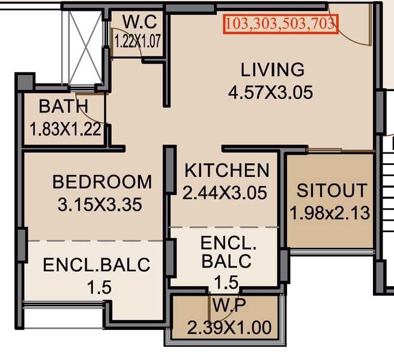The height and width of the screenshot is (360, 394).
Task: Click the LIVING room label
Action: point(273,70)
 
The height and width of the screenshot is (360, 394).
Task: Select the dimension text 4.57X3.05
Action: point(271,92)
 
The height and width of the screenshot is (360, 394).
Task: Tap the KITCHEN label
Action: point(227,170)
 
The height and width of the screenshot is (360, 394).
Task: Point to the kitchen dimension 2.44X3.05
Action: point(225,193)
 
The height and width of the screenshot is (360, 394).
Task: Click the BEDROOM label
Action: point(102,182)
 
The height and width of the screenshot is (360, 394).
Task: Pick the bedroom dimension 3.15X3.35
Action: point(100,205)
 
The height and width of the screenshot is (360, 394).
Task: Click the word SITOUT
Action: point(332,191)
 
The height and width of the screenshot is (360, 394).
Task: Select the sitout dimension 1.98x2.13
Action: point(330,213)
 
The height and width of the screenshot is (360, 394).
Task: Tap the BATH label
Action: point(64,106)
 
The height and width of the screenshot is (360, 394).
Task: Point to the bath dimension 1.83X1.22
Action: point(65,129)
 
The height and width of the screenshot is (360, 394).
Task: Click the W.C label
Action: point(140,22)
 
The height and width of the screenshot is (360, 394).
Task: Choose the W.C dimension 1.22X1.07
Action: point(138,41)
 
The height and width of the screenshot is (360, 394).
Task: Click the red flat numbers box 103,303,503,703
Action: point(280,24)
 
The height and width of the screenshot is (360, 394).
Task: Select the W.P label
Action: point(229,305)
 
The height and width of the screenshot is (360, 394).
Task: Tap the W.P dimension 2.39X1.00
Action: point(229,328)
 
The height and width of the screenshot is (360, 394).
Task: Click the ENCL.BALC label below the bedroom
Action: point(97,265)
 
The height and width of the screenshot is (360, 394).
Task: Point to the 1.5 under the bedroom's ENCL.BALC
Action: point(99,287)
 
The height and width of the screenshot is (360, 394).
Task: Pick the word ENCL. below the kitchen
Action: point(228,243)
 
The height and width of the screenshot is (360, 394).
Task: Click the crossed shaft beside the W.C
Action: point(85,47)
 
